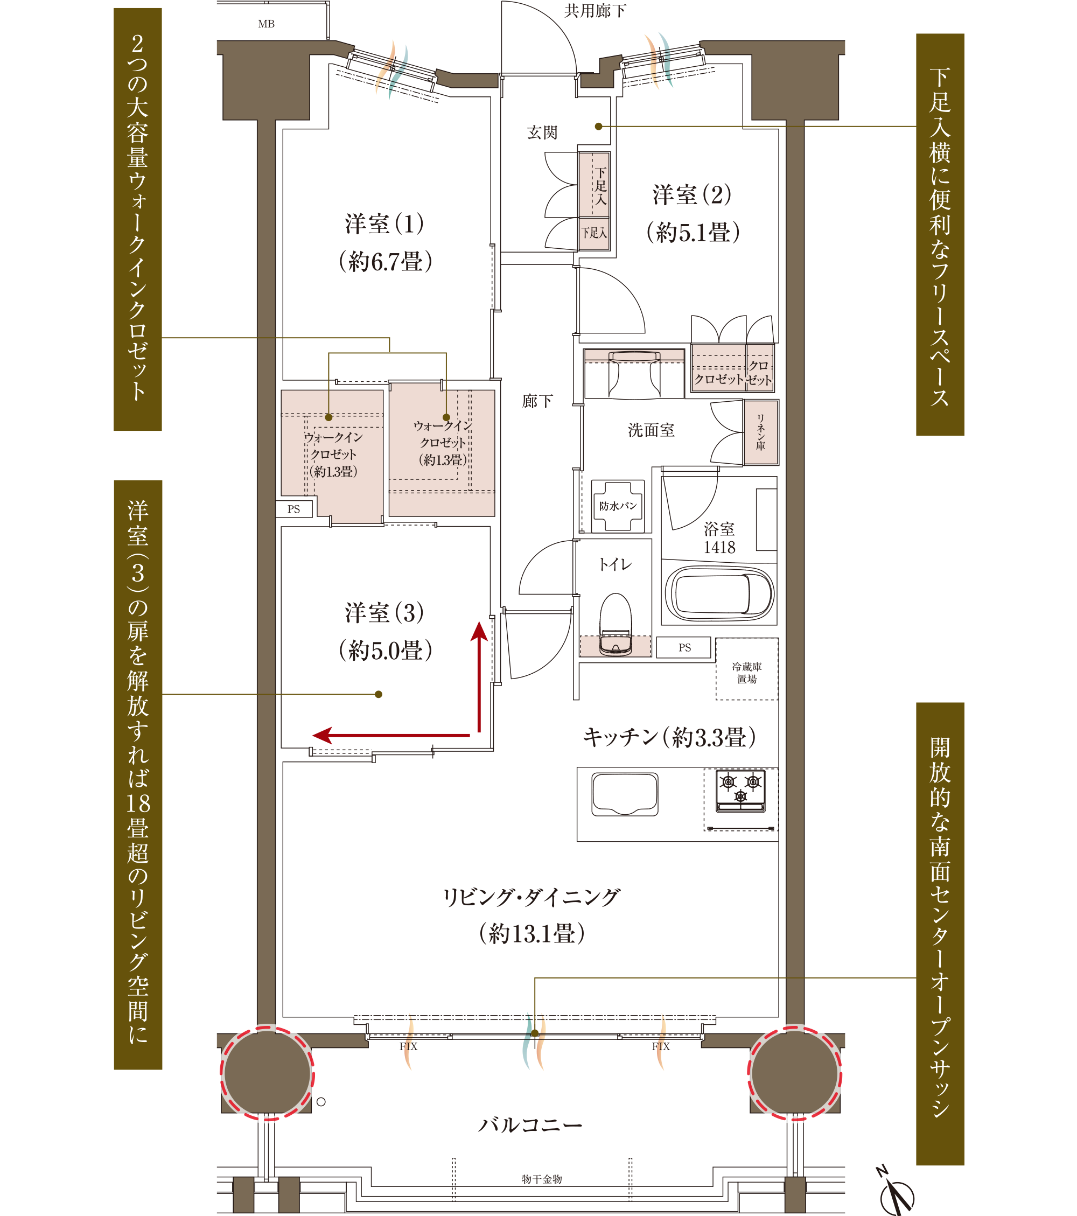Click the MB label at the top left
266,24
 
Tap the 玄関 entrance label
542,132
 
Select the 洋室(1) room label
384,223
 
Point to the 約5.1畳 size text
693,232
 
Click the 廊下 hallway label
537,401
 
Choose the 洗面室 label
651,430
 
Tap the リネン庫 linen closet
760,432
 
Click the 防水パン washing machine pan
618,506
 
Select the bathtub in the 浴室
719,593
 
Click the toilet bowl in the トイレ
616,624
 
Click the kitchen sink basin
625,794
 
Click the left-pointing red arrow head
322,735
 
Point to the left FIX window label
408,1046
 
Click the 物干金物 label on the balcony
542,1178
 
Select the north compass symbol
896,1190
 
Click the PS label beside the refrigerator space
684,647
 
